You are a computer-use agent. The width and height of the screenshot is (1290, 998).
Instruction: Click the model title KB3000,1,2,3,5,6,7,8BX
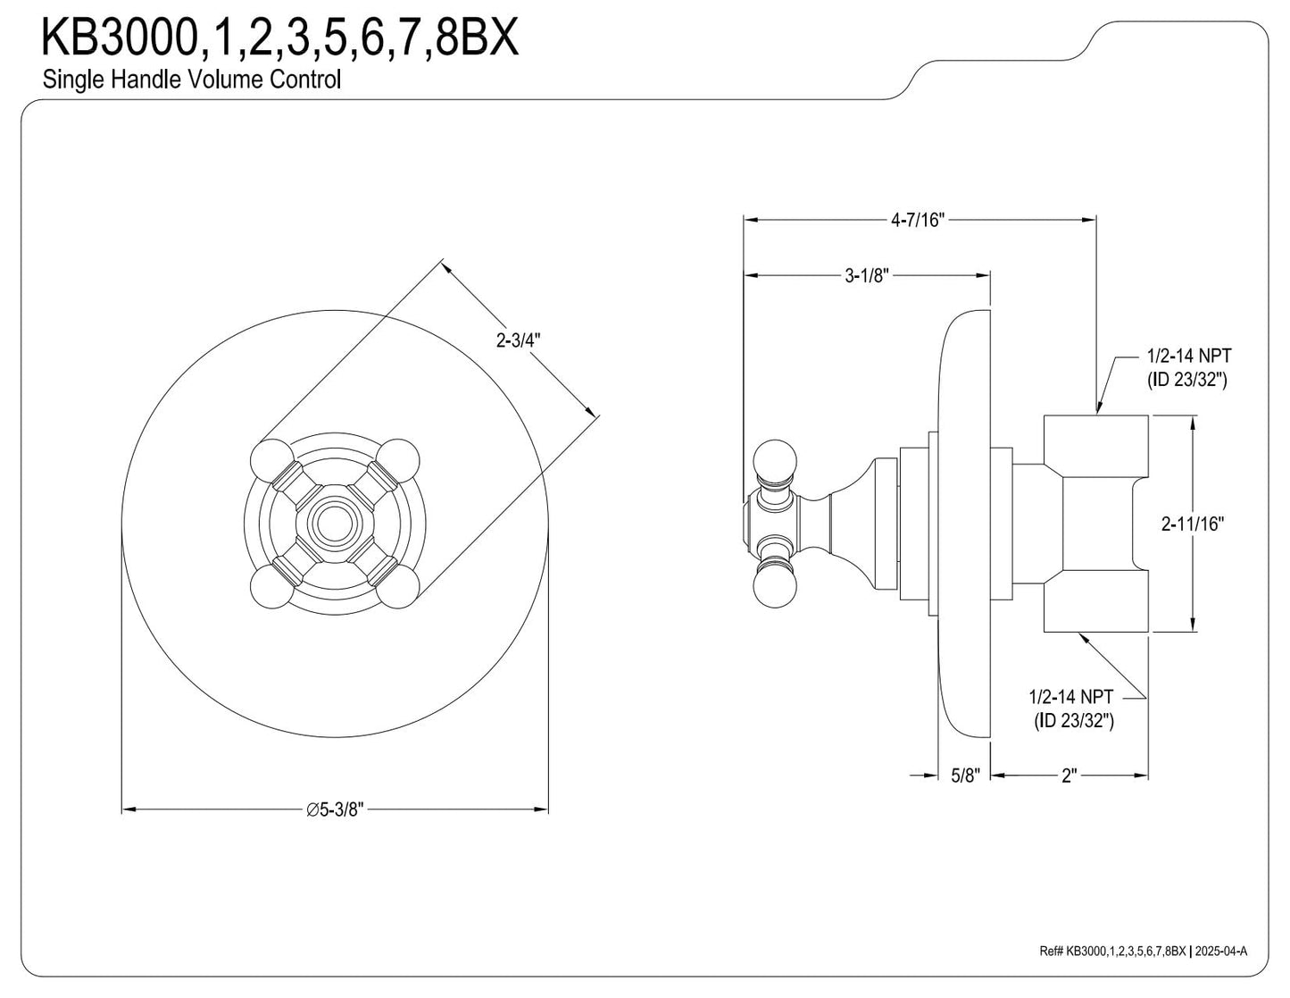[279, 38]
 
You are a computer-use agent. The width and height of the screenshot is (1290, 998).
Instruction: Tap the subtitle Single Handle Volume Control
[192, 80]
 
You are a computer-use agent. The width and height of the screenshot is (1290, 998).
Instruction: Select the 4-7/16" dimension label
[917, 221]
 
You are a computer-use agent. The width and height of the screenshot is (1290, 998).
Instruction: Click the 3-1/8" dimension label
[867, 276]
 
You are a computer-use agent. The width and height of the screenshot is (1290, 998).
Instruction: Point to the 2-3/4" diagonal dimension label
[519, 340]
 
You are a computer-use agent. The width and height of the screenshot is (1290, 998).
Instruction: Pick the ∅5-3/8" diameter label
[335, 809]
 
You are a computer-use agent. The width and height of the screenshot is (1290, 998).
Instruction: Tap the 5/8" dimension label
[966, 776]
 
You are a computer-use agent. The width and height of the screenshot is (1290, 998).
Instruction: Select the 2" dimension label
[1069, 776]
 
